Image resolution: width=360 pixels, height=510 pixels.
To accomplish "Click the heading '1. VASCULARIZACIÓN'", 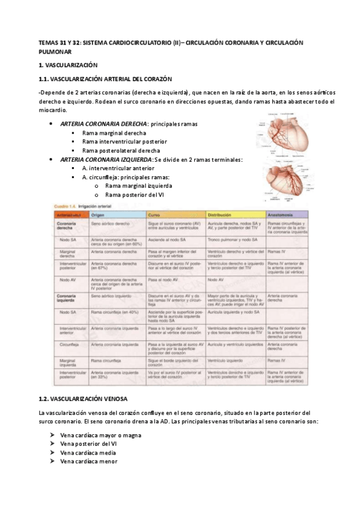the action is (x=67, y=64).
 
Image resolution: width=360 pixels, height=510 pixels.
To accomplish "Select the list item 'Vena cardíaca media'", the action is (x=89, y=452).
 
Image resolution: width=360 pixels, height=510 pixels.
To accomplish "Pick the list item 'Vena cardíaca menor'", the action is (x=89, y=461).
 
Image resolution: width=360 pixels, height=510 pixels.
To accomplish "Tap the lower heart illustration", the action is (x=286, y=179).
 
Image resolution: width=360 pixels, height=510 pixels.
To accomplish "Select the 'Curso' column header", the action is (x=154, y=215).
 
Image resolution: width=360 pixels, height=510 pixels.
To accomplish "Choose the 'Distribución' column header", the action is (x=220, y=215).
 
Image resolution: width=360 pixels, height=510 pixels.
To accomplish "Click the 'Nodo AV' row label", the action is (x=67, y=280).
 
